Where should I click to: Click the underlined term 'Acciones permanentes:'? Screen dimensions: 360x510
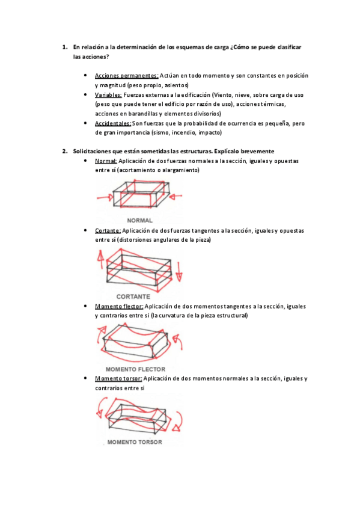(127, 76)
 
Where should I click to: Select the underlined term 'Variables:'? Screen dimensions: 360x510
(108, 95)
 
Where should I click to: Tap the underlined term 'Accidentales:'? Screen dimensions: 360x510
(113, 123)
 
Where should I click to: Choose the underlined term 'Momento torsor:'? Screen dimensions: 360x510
(118, 379)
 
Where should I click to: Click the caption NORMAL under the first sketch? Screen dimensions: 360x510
(139, 220)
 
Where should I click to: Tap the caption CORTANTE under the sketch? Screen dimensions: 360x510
(133, 296)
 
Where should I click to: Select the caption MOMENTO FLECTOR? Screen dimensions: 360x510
(135, 369)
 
